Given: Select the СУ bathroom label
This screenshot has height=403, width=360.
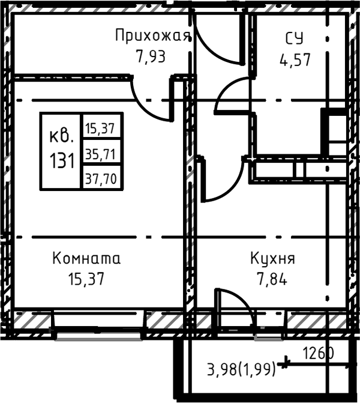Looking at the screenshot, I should (x=294, y=39).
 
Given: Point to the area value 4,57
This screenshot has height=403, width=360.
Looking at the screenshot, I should (x=295, y=60).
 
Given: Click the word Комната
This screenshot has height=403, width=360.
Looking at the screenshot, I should (x=86, y=259).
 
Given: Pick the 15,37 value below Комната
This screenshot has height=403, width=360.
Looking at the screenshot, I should (x=86, y=279).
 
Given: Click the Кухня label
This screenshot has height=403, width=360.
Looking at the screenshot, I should (x=273, y=259).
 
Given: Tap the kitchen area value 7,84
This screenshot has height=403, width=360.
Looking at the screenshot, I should (x=273, y=279).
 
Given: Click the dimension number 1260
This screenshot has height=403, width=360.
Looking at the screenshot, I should (x=317, y=353).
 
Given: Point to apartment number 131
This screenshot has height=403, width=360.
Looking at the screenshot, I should (x=62, y=160).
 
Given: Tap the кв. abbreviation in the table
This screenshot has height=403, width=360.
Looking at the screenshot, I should (x=62, y=135).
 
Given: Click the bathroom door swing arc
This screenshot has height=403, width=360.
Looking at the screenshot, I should (x=231, y=96).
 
